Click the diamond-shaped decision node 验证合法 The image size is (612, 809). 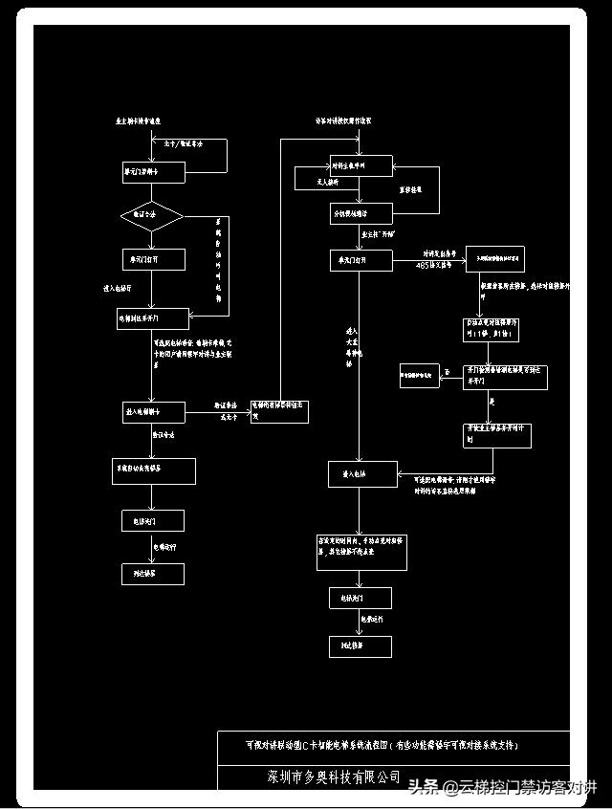[x=152, y=216]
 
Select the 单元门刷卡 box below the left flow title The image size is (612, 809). [x=152, y=173]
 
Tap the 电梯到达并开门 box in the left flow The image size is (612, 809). [x=152, y=317]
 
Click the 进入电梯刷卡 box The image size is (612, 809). [x=154, y=412]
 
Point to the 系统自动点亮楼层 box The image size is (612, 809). [x=154, y=470]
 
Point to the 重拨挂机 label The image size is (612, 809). [x=411, y=189]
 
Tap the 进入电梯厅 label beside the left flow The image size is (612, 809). [x=118, y=286]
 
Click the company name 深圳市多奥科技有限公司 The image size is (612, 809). [x=334, y=777]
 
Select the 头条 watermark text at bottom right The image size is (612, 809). [x=422, y=787]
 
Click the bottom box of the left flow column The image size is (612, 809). [x=153, y=574]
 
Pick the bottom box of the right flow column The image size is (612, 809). [x=360, y=647]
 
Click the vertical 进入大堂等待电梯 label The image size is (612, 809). [x=350, y=346]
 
